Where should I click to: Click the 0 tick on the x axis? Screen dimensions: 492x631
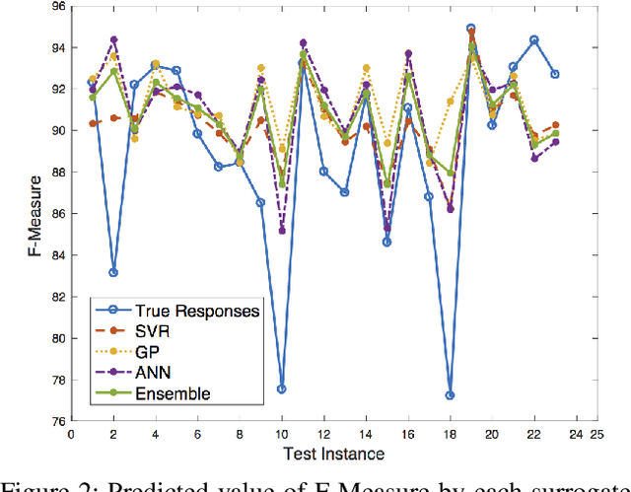coord(70,433)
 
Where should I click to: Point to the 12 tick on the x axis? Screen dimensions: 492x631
coord(323,433)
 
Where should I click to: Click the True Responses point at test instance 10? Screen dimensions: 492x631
coord(282,388)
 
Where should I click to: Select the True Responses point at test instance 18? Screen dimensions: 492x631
coord(451,394)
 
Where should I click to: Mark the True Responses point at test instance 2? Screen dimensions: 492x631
coord(113,272)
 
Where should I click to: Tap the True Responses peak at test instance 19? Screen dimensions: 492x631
coord(471,29)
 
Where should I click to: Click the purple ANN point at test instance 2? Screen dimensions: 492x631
coord(113,39)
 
